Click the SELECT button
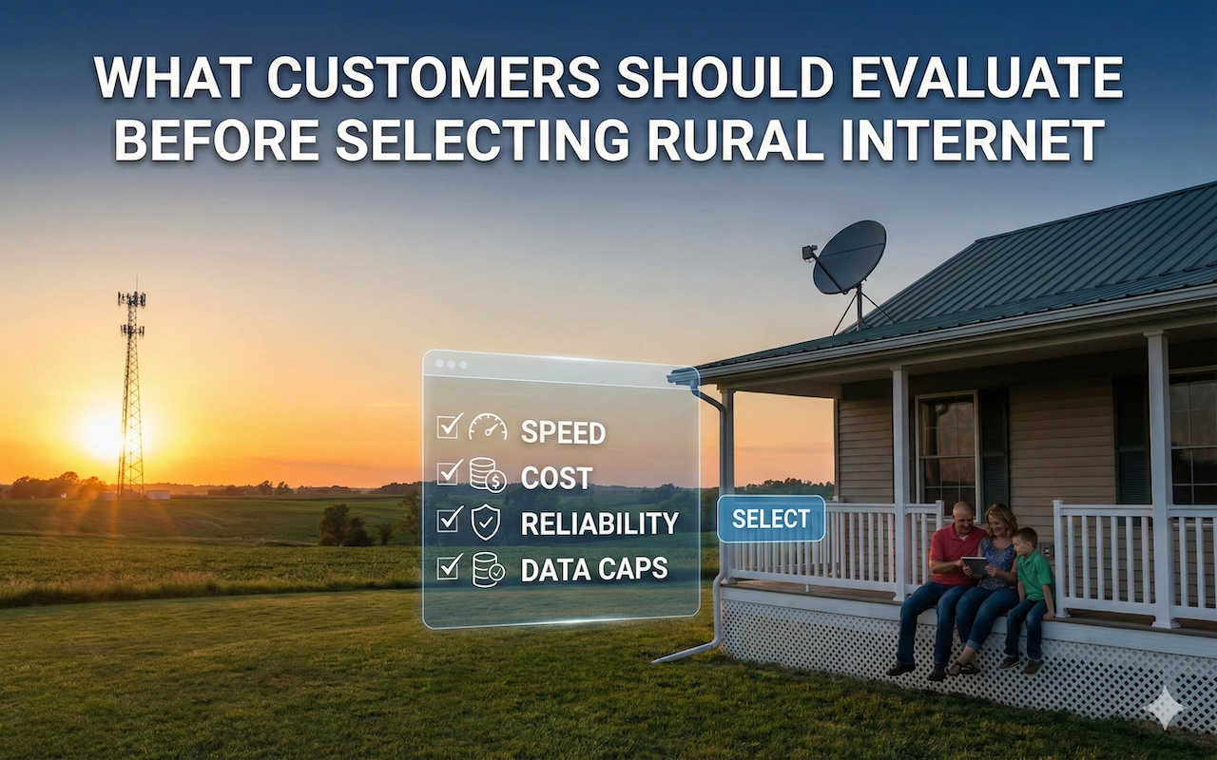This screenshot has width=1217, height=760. click(770, 519)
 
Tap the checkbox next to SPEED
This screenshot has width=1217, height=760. click(449, 427)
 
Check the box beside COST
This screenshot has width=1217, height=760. click(449, 472)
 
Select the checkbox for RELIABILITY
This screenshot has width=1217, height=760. click(449, 519)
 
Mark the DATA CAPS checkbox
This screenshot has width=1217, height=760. click(449, 566)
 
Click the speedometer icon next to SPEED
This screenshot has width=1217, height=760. click(488, 427)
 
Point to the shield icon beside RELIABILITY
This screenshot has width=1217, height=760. click(486, 521)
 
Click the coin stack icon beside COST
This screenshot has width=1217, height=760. click(487, 474)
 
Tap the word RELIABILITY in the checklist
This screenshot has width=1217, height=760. click(599, 523)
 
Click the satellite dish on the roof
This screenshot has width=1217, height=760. click(849, 258)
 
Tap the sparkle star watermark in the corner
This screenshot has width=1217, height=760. click(1164, 708)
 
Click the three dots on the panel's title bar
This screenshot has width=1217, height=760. click(451, 364)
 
